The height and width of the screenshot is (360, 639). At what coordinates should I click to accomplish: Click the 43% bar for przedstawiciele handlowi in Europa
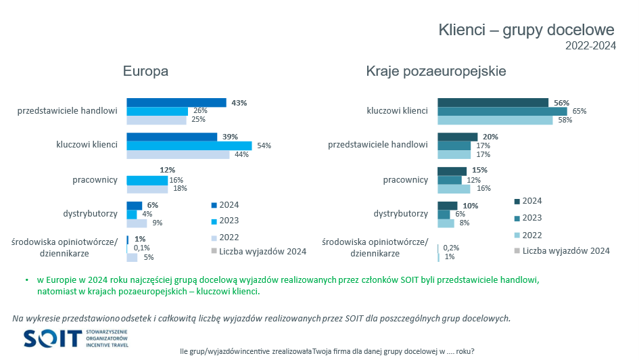[176, 103]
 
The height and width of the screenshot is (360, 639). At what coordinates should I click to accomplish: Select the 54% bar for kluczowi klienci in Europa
[189, 145]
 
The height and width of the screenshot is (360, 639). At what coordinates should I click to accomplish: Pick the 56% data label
[561, 103]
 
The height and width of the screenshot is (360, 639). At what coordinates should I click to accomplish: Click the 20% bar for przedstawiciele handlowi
[458, 137]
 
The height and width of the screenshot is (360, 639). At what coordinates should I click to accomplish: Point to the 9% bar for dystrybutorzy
[137, 223]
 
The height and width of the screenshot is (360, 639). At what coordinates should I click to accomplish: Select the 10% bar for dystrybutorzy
[448, 206]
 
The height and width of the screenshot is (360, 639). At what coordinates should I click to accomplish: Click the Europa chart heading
[145, 71]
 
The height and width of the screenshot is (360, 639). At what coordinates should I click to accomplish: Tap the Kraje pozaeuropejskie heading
[436, 71]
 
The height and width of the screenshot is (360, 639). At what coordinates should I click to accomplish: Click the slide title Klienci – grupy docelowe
[527, 30]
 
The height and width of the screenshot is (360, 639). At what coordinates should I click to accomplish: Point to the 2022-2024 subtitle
[590, 46]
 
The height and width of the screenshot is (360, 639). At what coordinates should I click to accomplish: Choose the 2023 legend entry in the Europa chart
[224, 221]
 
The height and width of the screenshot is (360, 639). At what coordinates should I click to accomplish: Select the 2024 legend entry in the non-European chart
[527, 201]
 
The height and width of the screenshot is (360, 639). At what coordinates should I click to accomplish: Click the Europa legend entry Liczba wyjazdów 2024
[258, 252]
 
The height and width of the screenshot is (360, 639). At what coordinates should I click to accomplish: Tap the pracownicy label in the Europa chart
[95, 180]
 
